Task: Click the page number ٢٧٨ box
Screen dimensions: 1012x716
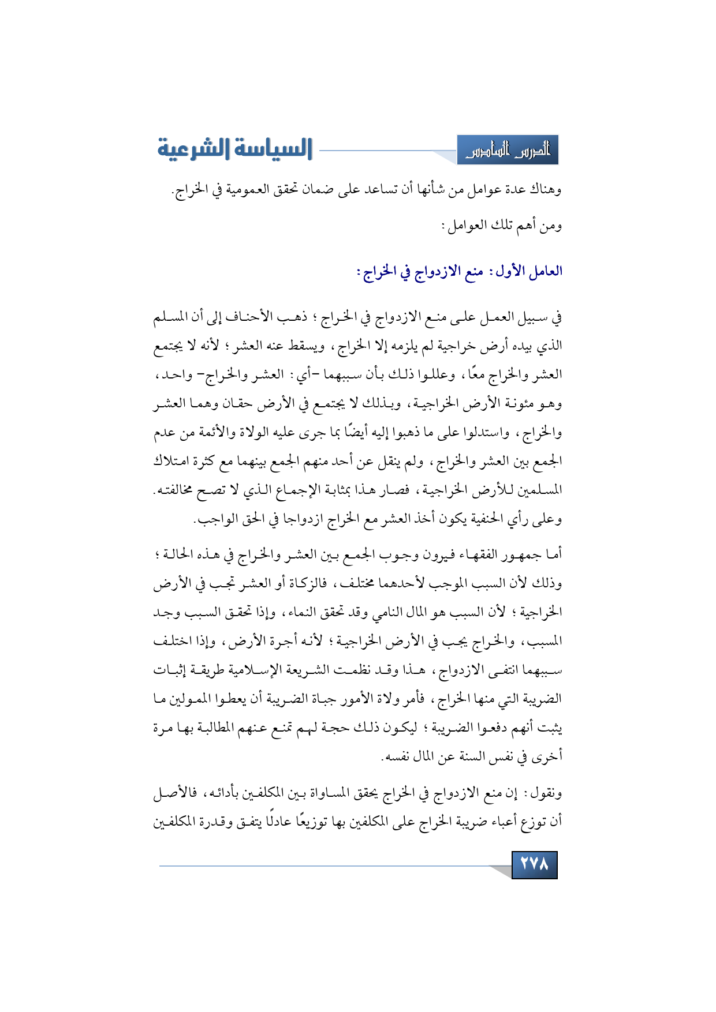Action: pyautogui.click(x=534, y=864)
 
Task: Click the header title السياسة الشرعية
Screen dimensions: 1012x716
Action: pyautogui.click(x=235, y=149)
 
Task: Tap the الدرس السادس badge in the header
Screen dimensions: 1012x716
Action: pyautogui.click(x=508, y=151)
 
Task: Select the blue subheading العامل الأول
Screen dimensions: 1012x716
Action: pyautogui.click(x=460, y=271)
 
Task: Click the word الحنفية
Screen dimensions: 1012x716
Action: pyautogui.click(x=485, y=520)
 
